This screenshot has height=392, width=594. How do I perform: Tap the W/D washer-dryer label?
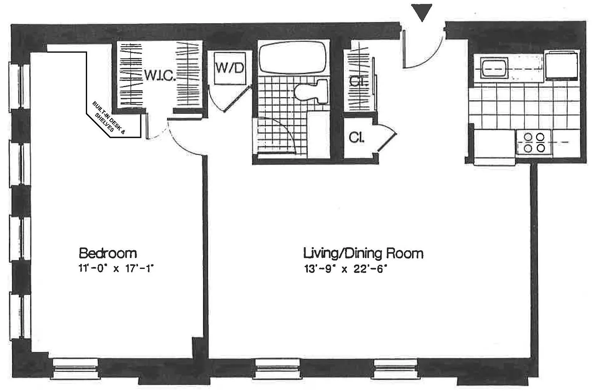pos(230,68)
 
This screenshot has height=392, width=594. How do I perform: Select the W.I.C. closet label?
pos(160,75)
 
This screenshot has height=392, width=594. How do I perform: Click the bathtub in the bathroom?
pos(292,57)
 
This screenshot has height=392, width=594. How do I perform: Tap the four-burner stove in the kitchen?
pos(534,142)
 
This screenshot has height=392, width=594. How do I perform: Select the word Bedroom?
pos(108,253)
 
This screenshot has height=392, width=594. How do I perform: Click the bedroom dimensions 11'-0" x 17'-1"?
pos(116,269)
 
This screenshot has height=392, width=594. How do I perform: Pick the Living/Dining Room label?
pos(363,253)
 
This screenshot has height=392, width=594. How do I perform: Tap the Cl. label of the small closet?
pos(357,137)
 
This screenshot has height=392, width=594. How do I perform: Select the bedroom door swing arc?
pos(183,143)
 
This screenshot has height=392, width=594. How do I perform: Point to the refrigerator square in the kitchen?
pos(562,65)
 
